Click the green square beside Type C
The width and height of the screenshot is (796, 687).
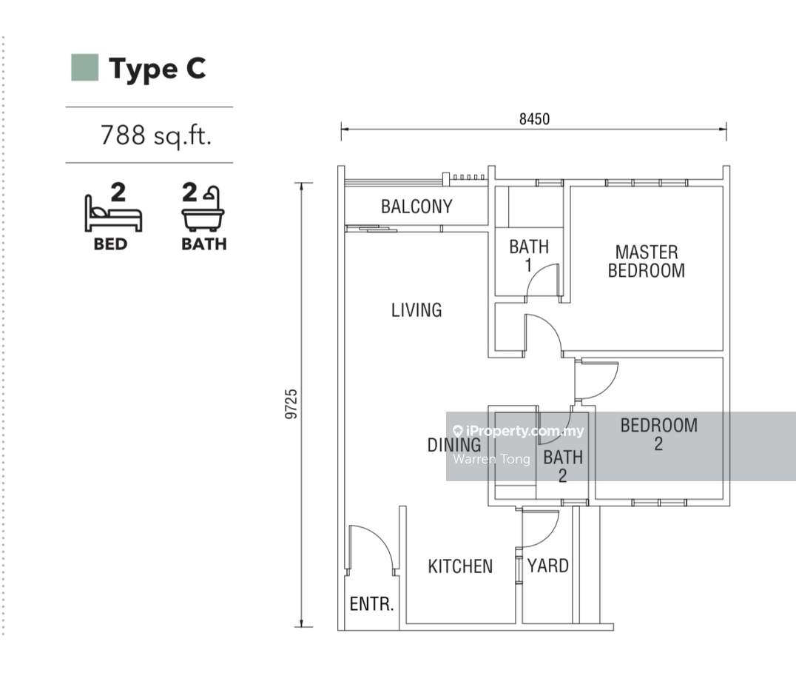click(85, 67)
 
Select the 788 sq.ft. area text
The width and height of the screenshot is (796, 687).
click(156, 135)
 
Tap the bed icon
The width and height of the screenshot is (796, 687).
click(113, 213)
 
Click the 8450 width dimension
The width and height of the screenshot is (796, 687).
click(534, 119)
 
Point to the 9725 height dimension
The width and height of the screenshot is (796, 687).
click(291, 404)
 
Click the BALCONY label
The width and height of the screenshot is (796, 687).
click(416, 207)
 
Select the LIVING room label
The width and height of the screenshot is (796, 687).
click(416, 310)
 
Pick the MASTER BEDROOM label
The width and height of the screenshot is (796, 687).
click(647, 261)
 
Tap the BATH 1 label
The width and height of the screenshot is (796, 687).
click(529, 255)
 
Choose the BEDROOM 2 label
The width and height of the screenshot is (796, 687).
click(659, 435)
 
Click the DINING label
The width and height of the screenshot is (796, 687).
click(454, 445)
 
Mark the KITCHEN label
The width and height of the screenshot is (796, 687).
click(460, 566)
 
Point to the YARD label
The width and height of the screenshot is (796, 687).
click(547, 566)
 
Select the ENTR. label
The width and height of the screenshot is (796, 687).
click(371, 603)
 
